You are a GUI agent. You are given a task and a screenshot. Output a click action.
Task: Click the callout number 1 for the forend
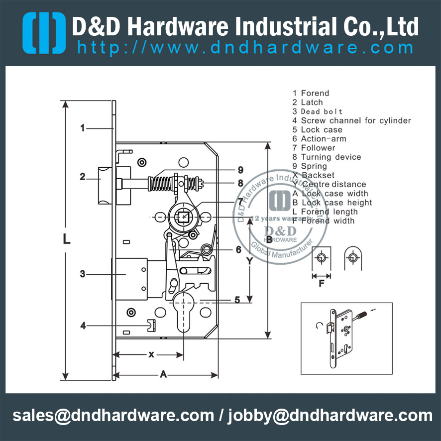pyautogui.click(x=83, y=128)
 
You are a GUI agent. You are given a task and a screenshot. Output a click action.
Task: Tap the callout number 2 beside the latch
pyautogui.click(x=83, y=176)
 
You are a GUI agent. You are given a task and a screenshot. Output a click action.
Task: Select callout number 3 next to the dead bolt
pyautogui.click(x=83, y=273)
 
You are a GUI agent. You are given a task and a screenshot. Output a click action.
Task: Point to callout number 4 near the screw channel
pyautogui.click(x=83, y=326)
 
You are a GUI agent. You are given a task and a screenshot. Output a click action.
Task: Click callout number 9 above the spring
pyautogui.click(x=240, y=169)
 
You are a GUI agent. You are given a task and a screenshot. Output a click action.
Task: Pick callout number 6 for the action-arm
pyautogui.click(x=238, y=250)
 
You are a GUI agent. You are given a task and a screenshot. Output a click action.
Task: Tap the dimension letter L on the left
pyautogui.click(x=67, y=240)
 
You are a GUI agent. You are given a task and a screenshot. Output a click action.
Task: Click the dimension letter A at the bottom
pyautogui.click(x=163, y=375)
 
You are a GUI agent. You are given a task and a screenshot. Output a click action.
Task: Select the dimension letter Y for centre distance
pyautogui.click(x=250, y=260)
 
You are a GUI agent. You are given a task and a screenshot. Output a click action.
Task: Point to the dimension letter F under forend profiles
pyautogui.click(x=322, y=285)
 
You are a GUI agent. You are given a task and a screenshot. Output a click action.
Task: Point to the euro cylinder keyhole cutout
pyautogui.click(x=184, y=311)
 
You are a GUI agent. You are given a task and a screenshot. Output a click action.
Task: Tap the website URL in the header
pyautogui.click(x=245, y=48)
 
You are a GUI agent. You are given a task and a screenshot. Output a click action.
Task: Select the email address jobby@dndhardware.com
pyautogui.click(x=331, y=415)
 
